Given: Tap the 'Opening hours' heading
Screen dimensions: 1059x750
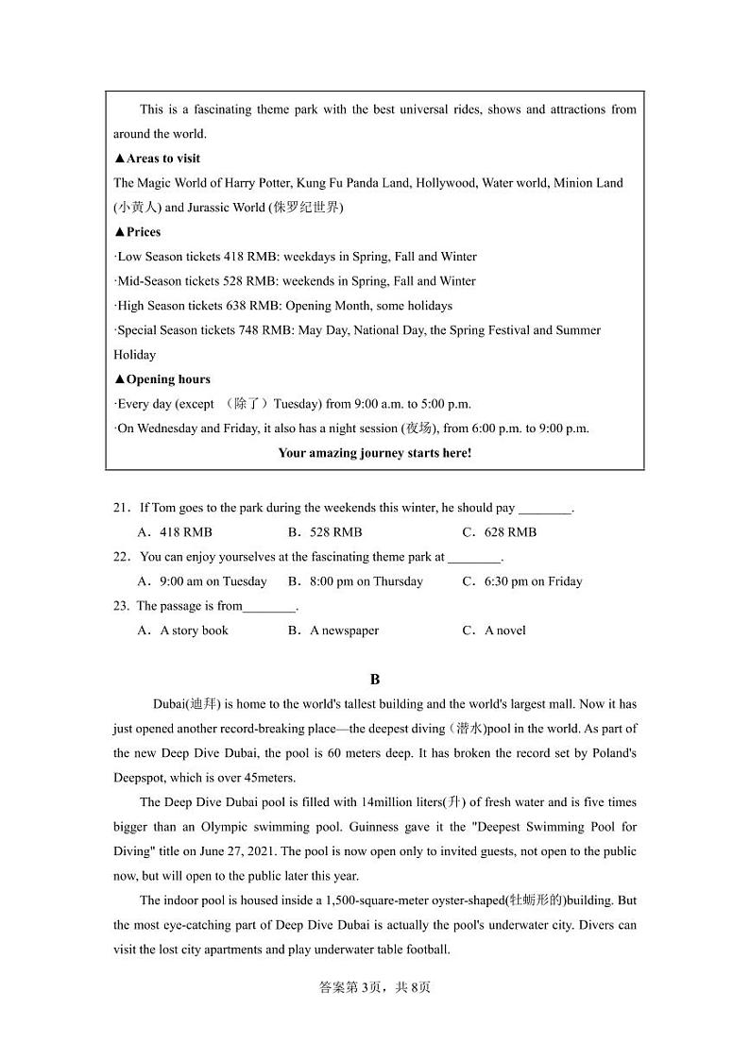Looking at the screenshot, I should click(162, 379).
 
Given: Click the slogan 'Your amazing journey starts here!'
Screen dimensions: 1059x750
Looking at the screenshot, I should click(374, 453).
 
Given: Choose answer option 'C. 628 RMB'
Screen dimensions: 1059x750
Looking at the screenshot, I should click(499, 532).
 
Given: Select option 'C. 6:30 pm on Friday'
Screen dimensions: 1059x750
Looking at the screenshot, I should click(521, 581).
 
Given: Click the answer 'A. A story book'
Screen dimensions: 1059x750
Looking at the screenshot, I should click(183, 630).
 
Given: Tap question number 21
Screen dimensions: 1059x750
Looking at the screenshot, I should click(121, 508).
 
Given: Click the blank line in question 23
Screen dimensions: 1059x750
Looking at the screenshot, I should click(269, 607).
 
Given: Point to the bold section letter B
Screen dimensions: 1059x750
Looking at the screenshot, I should click(375, 680).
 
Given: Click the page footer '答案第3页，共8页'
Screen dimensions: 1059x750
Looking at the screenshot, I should click(375, 987).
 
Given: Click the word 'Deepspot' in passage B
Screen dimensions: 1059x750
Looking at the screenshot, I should click(139, 778).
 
